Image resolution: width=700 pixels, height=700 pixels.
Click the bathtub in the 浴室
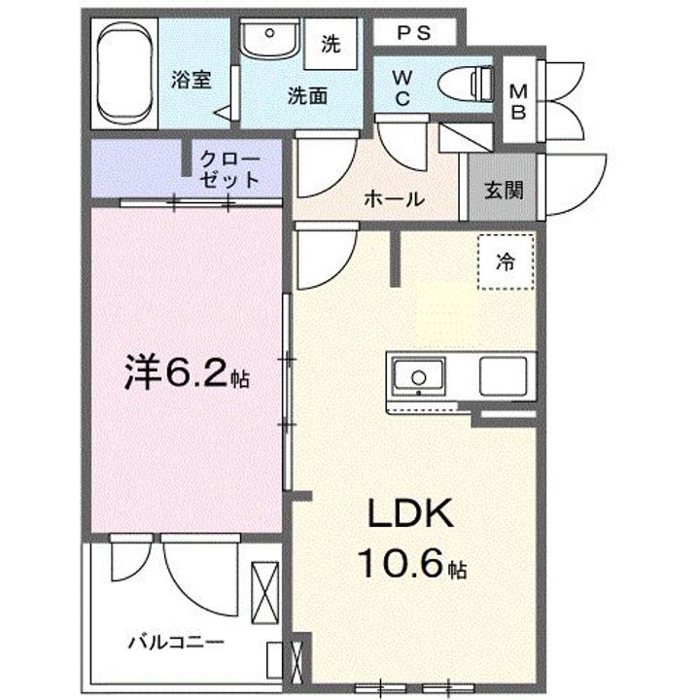click(125, 73)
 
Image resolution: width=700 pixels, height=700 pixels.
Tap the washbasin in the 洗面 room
click(269, 38)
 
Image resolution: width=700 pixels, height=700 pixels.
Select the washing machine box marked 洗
click(331, 44)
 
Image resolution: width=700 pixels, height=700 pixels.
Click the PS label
click(414, 33)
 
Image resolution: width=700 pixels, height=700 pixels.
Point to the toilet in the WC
click(466, 84)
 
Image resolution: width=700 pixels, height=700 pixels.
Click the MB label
click(518, 102)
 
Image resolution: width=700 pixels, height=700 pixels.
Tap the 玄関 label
click(504, 191)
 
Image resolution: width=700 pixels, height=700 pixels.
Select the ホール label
click(394, 199)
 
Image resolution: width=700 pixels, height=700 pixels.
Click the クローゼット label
click(229, 169)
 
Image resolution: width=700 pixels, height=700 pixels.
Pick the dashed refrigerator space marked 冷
click(506, 262)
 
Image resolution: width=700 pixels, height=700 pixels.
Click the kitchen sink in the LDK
click(418, 377)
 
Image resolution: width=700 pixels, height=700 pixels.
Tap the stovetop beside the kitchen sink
click(504, 376)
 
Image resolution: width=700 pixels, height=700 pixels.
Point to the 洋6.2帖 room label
click(187, 371)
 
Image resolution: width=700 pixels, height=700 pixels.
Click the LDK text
click(410, 513)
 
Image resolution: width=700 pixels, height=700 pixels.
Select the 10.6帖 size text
click(412, 563)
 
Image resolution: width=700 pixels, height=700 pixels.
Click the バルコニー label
click(176, 643)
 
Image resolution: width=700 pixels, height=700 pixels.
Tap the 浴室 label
click(192, 81)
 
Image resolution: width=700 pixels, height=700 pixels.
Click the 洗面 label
click(307, 96)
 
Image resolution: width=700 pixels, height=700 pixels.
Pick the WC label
click(402, 87)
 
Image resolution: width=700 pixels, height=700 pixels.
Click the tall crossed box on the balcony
click(265, 593)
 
